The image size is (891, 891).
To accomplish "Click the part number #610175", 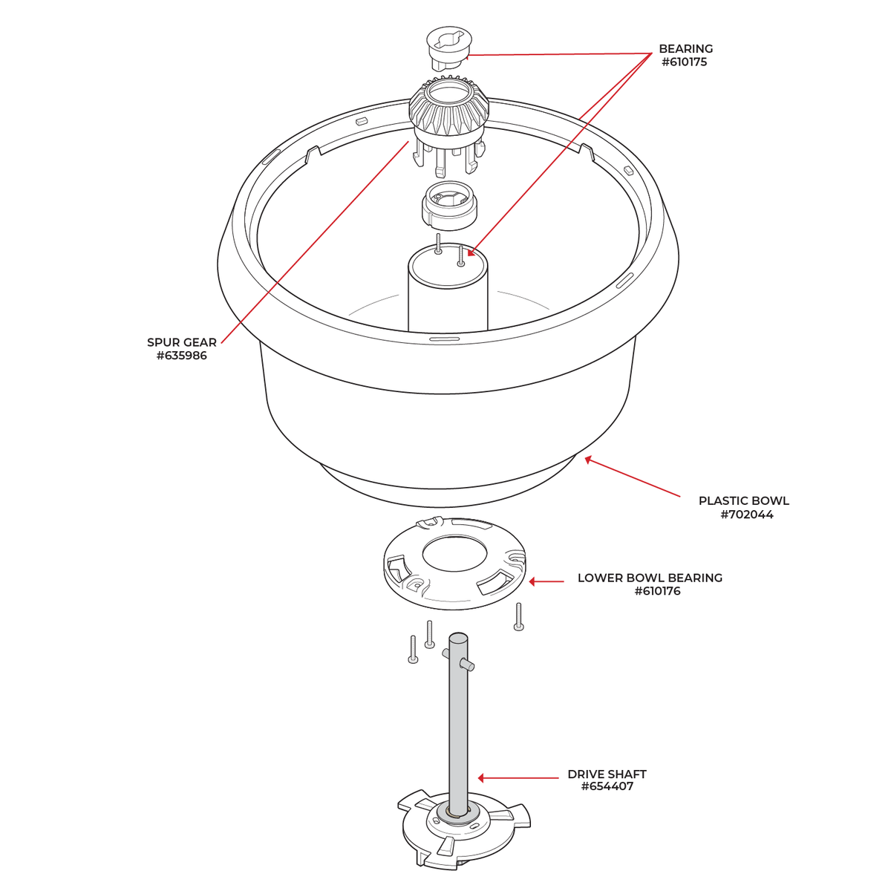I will tap(684, 62).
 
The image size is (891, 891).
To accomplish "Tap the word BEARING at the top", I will tap(685, 49).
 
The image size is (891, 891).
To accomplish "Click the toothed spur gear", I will tap(448, 111).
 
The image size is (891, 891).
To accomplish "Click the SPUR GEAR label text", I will tap(182, 342).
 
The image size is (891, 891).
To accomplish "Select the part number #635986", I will tap(182, 356).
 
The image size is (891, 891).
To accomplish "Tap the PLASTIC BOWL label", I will tap(743, 500).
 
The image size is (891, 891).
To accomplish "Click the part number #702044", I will tap(746, 515).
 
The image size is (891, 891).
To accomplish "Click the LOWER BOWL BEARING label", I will tap(650, 578).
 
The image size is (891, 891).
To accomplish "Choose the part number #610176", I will tap(657, 592).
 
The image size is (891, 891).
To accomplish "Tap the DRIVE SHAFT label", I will tap(607, 774).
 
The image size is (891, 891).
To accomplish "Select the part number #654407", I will tap(607, 787).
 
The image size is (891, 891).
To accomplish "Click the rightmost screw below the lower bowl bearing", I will tap(518, 617).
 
